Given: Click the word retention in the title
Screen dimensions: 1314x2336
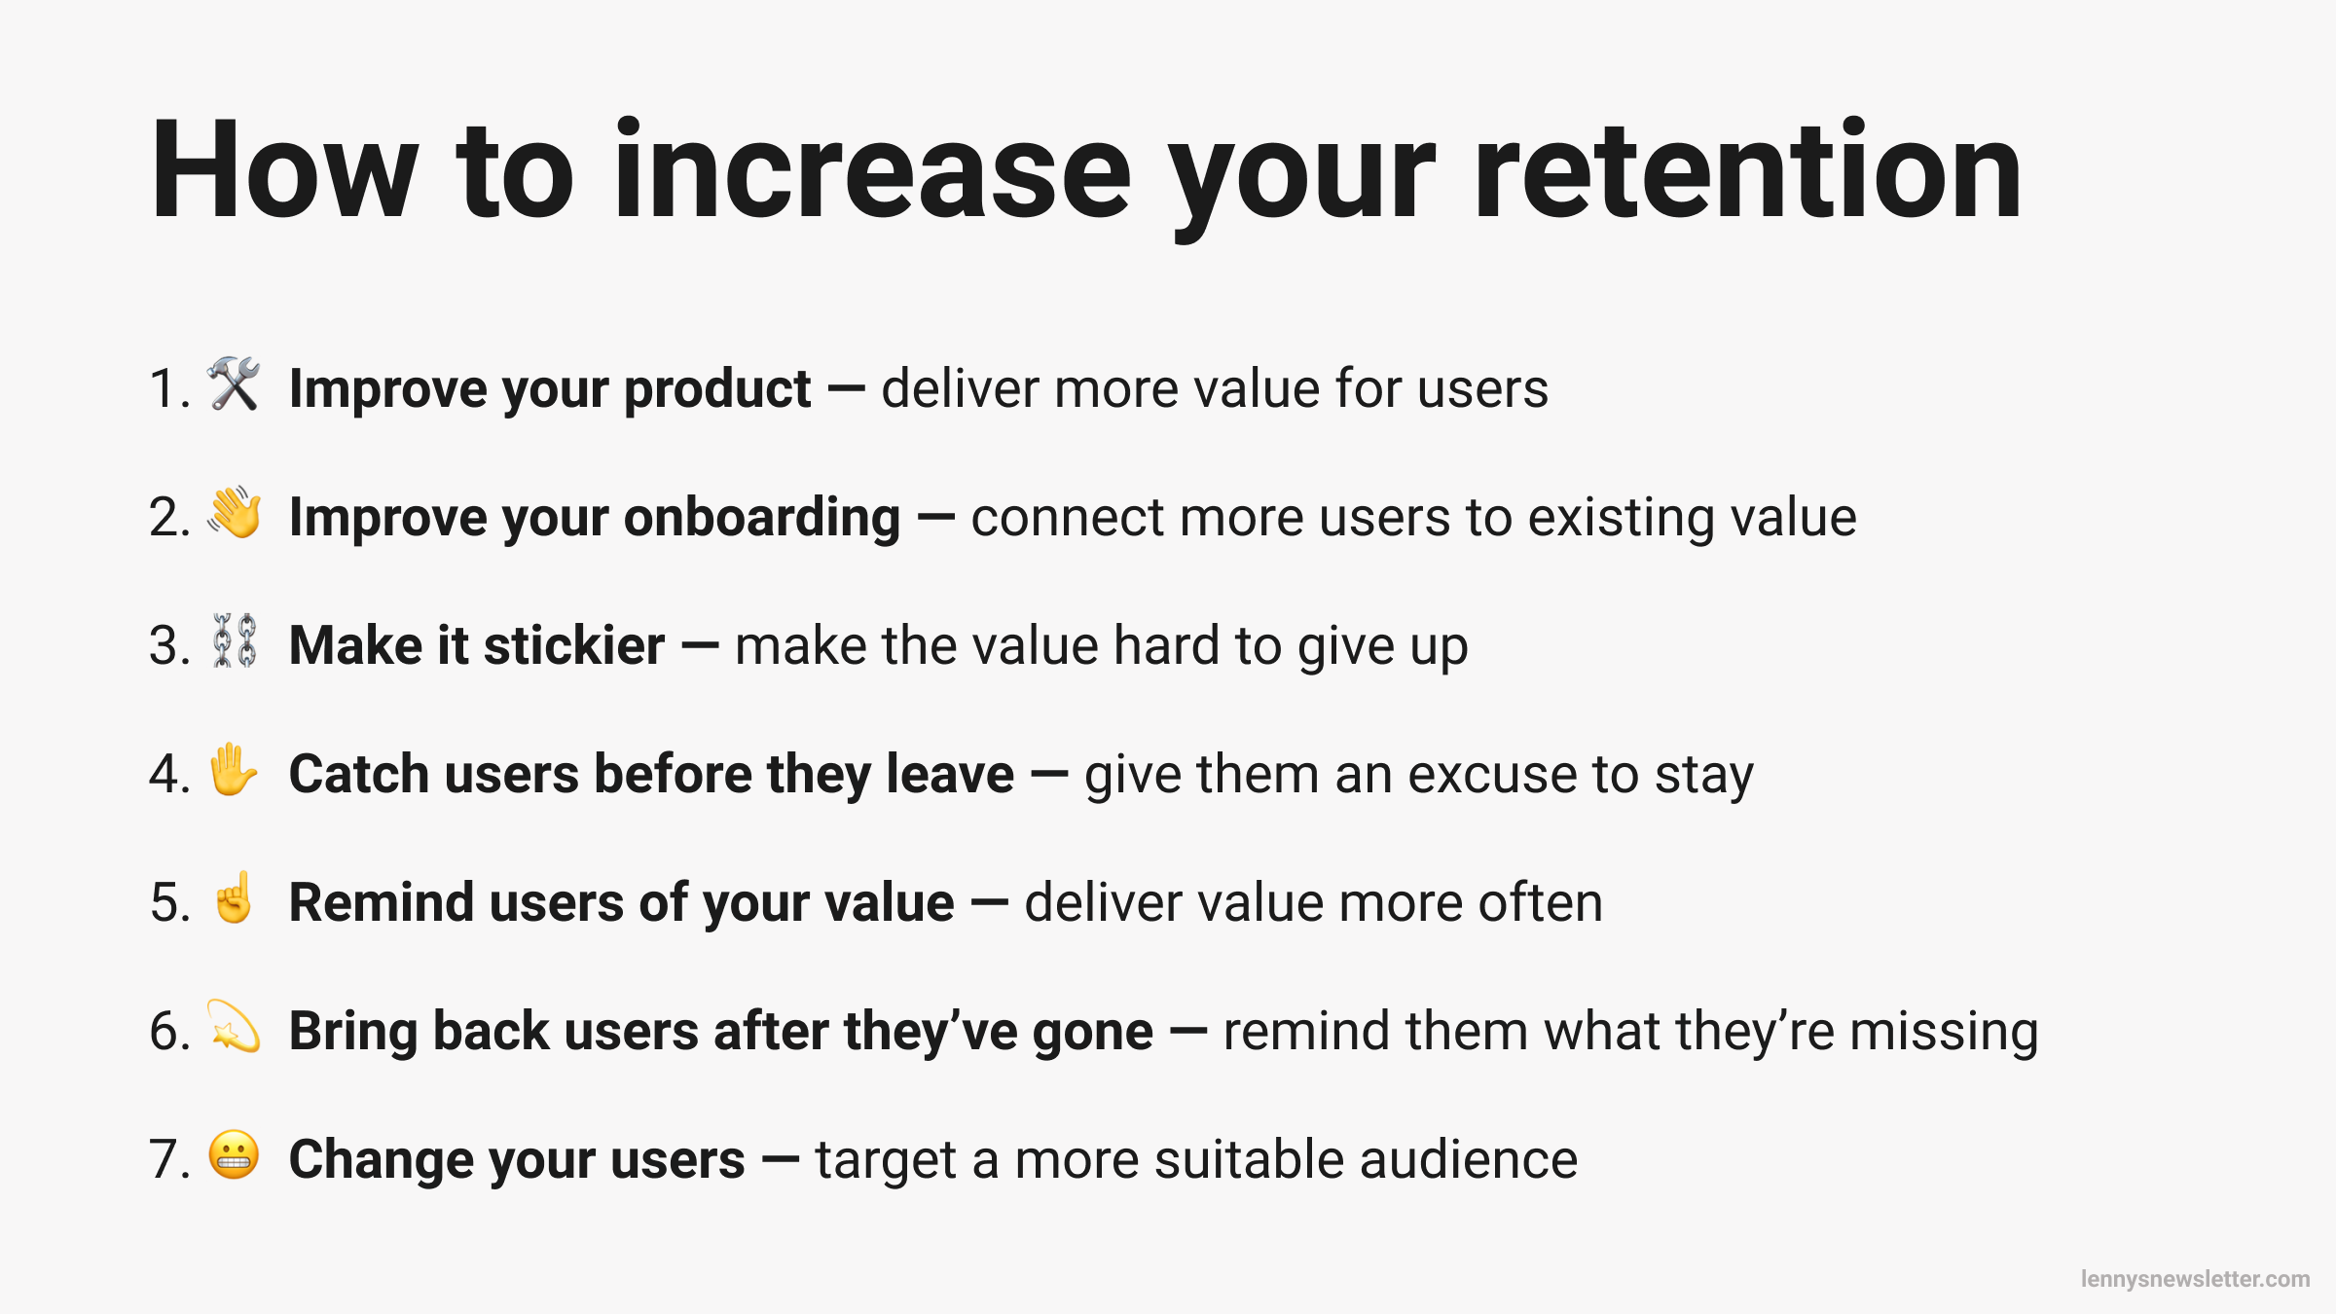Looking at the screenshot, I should pyautogui.click(x=1747, y=170).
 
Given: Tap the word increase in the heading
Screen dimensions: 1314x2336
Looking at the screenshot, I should pyautogui.click(x=872, y=170).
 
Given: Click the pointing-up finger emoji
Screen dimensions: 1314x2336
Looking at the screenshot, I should pyautogui.click(x=234, y=897).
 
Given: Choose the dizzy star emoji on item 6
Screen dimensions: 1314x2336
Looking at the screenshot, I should pyautogui.click(x=234, y=1026).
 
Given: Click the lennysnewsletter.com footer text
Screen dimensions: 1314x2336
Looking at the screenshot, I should pyautogui.click(x=2195, y=1279).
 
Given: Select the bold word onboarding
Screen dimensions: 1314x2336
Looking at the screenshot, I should pyautogui.click(x=761, y=518).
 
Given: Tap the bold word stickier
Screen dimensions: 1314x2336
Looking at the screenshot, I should pyautogui.click(x=574, y=645).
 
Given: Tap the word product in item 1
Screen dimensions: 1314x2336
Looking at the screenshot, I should pyautogui.click(x=716, y=389).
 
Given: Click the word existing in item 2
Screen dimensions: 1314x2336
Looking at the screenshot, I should pyautogui.click(x=1607, y=518).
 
